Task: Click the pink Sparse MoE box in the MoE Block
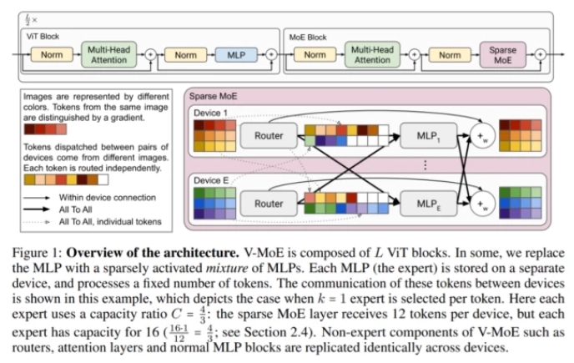coord(503,54)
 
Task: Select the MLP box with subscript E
coord(425,202)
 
